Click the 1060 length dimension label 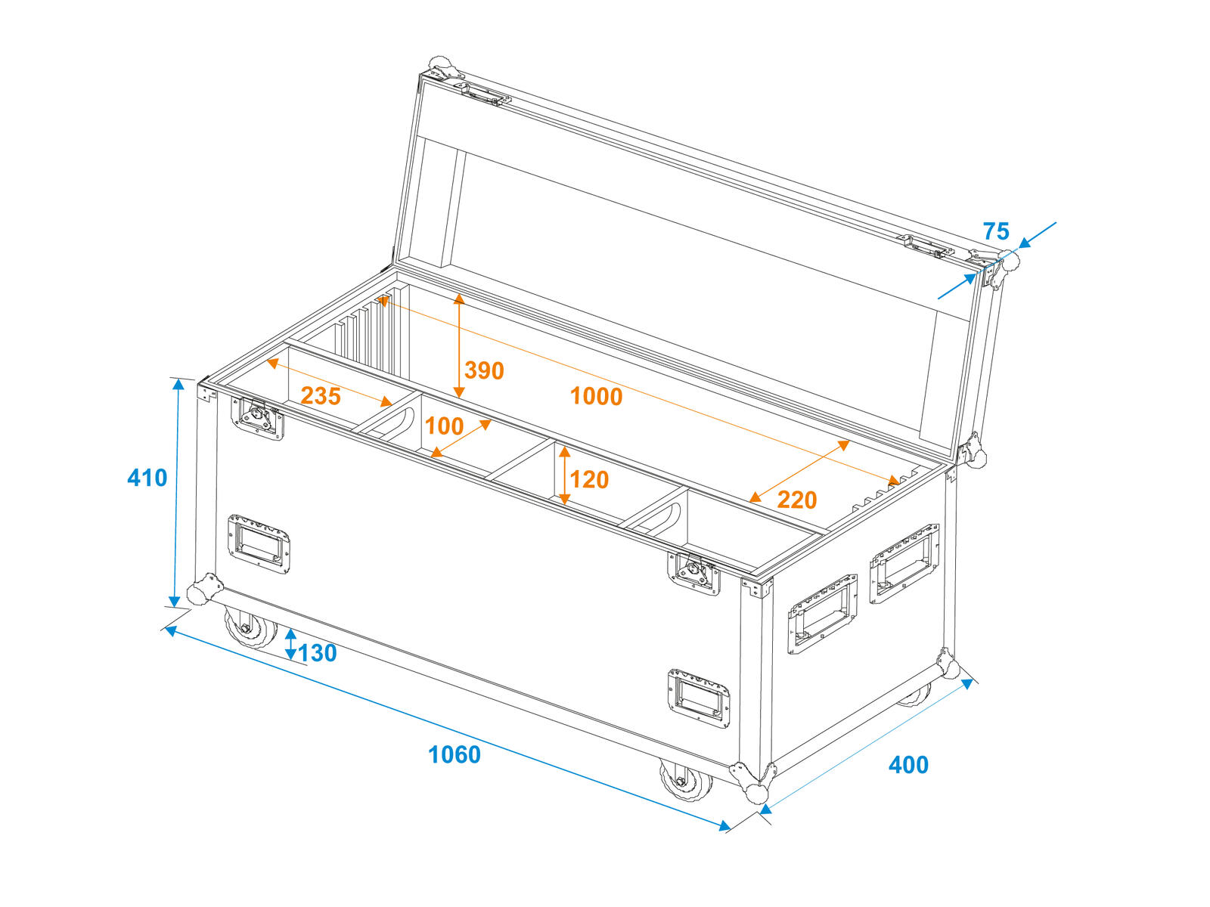pyautogui.click(x=455, y=755)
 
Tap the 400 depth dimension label pyautogui.click(x=908, y=765)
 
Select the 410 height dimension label pyautogui.click(x=147, y=478)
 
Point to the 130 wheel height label pyautogui.click(x=317, y=653)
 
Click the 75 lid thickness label pyautogui.click(x=996, y=231)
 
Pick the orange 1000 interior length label pyautogui.click(x=596, y=397)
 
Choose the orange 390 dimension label pyautogui.click(x=484, y=370)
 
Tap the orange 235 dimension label pyautogui.click(x=321, y=396)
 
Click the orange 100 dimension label pyautogui.click(x=445, y=426)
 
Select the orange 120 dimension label pyautogui.click(x=589, y=480)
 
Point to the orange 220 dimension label pyautogui.click(x=797, y=500)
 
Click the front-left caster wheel pyautogui.click(x=251, y=627)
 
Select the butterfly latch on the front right pyautogui.click(x=693, y=573)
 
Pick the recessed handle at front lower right pyautogui.click(x=699, y=698)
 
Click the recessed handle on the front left pyautogui.click(x=259, y=545)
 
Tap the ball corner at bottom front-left pyautogui.click(x=204, y=590)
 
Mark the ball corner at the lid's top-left pyautogui.click(x=444, y=68)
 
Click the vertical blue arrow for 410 pyautogui.click(x=176, y=494)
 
